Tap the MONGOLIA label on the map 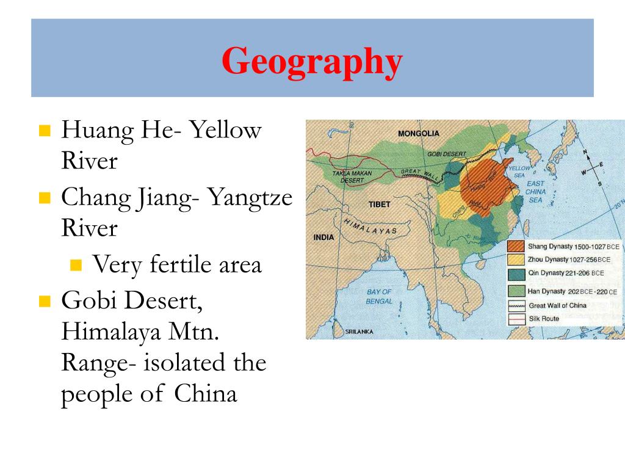coord(418,133)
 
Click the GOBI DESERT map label coord(446,154)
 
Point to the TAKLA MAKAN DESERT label coord(352,177)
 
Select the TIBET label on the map coord(378,204)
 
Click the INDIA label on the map coord(323,237)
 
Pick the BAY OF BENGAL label coord(379,297)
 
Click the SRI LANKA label coord(359,332)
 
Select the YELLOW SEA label coord(519,172)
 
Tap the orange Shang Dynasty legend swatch coord(516,246)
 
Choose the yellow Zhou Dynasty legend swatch coord(516,260)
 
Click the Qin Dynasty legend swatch coord(516,273)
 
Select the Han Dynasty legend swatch coord(516,291)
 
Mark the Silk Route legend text coord(544,319)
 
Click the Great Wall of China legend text coord(557,305)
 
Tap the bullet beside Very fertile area coord(76,265)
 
